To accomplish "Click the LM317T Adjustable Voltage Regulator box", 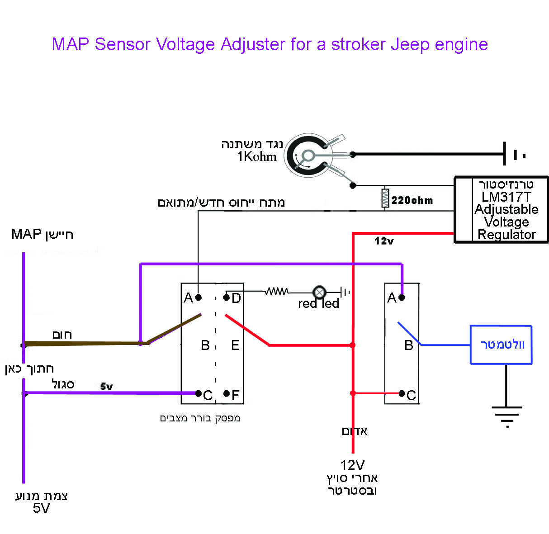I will point(501,210).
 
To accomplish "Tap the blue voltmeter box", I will point(501,345).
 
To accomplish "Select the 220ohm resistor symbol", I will point(385,198).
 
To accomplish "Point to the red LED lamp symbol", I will point(319,292).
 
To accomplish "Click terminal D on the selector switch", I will point(227,297).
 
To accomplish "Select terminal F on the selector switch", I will point(227,393).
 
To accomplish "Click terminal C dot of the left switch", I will point(198,393).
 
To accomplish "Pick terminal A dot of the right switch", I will point(402,297).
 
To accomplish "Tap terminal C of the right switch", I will point(402,393).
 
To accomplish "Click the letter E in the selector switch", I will point(235,345).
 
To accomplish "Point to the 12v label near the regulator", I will point(384,241).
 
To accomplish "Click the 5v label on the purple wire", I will point(107,387).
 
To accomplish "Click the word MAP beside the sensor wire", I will point(26,234).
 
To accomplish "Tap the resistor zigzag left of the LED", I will point(276,292).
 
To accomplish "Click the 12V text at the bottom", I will point(353,465).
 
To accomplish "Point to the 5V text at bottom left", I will point(41,508).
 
